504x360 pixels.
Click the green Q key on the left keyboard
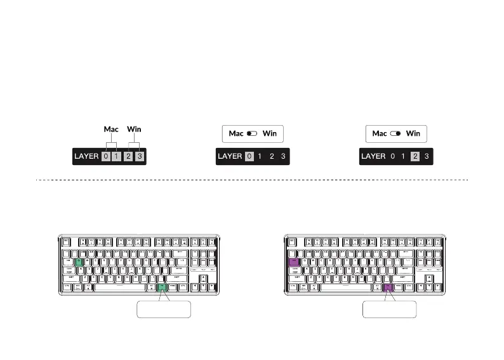[79, 262]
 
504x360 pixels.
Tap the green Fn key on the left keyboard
[162, 287]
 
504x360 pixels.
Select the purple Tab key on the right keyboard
[294, 262]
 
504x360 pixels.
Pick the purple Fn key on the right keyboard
[388, 287]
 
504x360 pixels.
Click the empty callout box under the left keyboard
[164, 309]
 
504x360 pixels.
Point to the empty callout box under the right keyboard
[389, 309]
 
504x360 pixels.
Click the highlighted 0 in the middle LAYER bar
[249, 156]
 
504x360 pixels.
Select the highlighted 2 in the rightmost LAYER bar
[415, 156]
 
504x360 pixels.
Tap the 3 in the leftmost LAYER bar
[140, 156]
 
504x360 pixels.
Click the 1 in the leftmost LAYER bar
[117, 156]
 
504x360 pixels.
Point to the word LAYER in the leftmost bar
[87, 156]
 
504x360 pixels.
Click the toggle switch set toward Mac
[253, 134]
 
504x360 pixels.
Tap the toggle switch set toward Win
[396, 134]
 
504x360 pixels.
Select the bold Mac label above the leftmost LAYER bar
[111, 129]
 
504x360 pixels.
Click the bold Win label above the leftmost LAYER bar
[134, 129]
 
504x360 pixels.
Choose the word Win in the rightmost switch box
[413, 134]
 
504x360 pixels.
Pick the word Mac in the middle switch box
[236, 134]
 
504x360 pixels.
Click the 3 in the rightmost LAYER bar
[427, 156]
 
